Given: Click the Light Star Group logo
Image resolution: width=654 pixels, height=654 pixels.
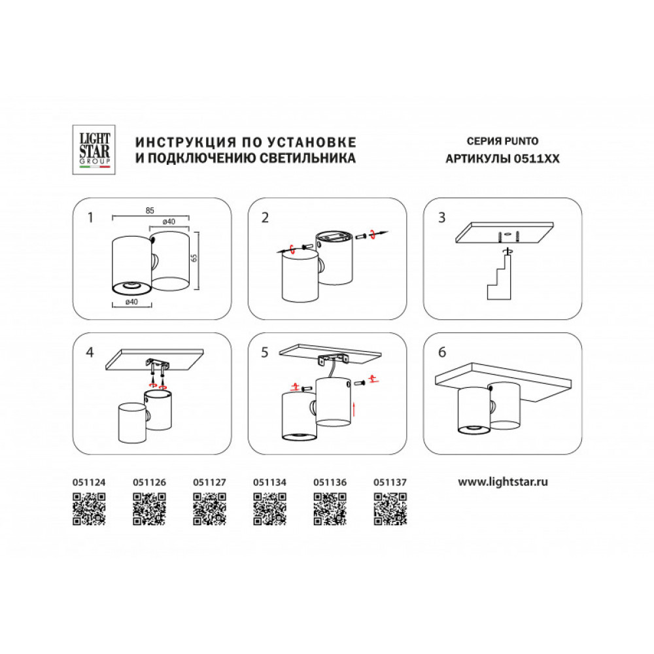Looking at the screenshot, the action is point(94,150).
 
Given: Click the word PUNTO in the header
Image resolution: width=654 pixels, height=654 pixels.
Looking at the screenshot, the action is point(521,141).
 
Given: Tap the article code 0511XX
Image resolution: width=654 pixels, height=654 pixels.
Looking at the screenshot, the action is point(536,159).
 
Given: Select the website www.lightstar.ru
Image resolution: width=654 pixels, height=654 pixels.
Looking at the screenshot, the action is point(502,482).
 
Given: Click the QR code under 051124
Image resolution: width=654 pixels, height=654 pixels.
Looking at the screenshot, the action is point(89,509).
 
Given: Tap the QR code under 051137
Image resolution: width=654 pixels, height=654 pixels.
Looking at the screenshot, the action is point(390,509).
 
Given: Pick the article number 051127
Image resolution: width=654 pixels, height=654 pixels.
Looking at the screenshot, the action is point(209,483).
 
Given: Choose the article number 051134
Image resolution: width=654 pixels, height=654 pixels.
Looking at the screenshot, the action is point(269,483).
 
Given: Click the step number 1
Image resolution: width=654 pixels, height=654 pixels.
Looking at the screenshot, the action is point(90,218).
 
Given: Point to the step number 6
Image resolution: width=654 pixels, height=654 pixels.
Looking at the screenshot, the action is point(442,353).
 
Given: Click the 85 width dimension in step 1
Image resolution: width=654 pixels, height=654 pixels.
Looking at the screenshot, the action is point(150,211).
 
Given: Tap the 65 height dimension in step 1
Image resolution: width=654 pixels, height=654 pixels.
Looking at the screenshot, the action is point(194,258).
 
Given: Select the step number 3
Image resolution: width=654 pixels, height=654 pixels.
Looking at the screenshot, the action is point(442,218).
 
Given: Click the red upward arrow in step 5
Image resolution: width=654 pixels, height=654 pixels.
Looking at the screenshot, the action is point(354,409).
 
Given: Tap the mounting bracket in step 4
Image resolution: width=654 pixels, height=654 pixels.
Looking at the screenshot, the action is point(157,364).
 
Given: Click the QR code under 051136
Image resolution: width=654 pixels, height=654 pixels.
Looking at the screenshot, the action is point(330,509).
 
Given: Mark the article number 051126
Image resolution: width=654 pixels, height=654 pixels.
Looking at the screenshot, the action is point(149,483).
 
